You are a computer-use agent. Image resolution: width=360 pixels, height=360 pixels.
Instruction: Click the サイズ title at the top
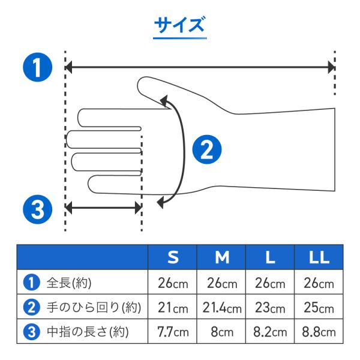click(x=179, y=25)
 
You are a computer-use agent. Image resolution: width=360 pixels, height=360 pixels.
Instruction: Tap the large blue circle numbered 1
click(x=38, y=67)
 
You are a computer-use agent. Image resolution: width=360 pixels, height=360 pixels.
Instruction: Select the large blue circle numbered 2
click(x=207, y=149)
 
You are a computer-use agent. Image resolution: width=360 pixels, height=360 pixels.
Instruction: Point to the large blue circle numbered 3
click(x=38, y=209)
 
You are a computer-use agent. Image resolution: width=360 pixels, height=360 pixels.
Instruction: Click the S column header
click(x=173, y=257)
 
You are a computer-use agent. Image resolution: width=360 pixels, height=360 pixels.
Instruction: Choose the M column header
click(x=222, y=257)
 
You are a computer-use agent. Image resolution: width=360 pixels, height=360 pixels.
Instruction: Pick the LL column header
click(x=319, y=257)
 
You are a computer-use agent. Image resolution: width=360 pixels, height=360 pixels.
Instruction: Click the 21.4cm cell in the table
click(x=222, y=307)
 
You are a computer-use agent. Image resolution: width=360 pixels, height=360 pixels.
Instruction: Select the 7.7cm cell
click(x=173, y=332)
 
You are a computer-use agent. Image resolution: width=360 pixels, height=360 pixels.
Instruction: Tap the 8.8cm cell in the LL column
click(x=319, y=332)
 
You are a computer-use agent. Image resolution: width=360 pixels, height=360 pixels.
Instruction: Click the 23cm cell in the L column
click(x=270, y=307)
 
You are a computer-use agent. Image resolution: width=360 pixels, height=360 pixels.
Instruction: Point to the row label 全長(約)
click(x=69, y=283)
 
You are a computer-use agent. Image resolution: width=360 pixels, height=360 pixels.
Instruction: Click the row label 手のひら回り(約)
click(x=94, y=307)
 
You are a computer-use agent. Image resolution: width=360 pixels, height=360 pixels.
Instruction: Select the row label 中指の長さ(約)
click(x=88, y=332)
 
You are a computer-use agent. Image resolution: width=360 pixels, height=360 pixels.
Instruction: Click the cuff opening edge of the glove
click(x=335, y=149)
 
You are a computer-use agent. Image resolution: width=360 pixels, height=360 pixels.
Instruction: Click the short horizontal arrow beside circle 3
click(x=104, y=208)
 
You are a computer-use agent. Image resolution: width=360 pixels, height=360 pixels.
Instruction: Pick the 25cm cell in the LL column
click(x=319, y=307)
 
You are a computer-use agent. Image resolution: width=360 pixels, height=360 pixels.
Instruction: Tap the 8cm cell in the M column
click(x=222, y=332)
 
